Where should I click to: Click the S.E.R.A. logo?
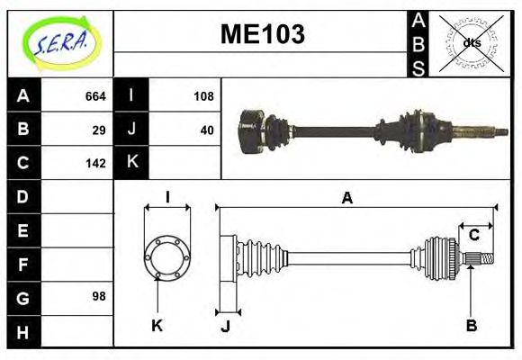pyautogui.click(x=60, y=40)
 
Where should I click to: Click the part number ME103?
pyautogui.click(x=262, y=35)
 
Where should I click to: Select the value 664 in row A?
pyautogui.click(x=95, y=96)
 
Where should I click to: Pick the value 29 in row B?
pyautogui.click(x=99, y=130)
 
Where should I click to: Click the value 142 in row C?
pyautogui.click(x=95, y=164)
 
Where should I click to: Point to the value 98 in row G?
pyautogui.click(x=99, y=296)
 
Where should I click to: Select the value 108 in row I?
pyautogui.click(x=203, y=96)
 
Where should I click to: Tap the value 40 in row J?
pyautogui.click(x=207, y=130)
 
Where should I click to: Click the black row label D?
pyautogui.click(x=23, y=196)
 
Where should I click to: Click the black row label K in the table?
pyautogui.click(x=131, y=163)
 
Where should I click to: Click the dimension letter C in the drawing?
pyautogui.click(x=473, y=236)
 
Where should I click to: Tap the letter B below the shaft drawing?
pyautogui.click(x=471, y=325)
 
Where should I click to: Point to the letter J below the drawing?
pyautogui.click(x=225, y=327)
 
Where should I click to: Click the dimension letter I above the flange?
pyautogui.click(x=167, y=198)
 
